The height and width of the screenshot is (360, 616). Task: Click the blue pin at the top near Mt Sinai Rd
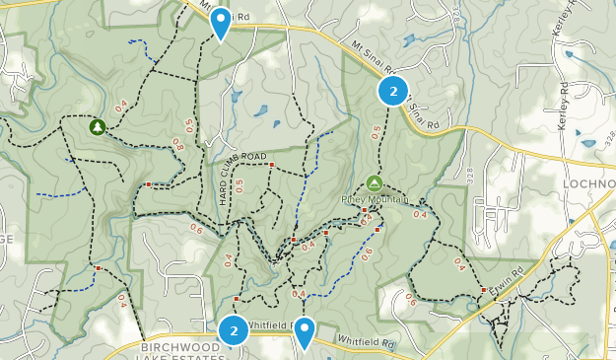click(222, 22)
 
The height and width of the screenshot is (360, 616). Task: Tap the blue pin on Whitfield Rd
click(306, 332)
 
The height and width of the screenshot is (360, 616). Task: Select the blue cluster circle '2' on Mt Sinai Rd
click(393, 92)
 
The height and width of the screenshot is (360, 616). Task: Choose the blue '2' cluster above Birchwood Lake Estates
click(234, 331)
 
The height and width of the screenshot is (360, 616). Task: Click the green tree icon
click(98, 127)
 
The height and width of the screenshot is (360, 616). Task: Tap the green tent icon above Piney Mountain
click(374, 182)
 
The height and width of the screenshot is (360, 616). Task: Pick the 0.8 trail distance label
click(177, 146)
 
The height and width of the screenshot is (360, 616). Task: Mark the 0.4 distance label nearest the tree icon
click(121, 107)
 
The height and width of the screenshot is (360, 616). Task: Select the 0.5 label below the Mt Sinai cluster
click(376, 132)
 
